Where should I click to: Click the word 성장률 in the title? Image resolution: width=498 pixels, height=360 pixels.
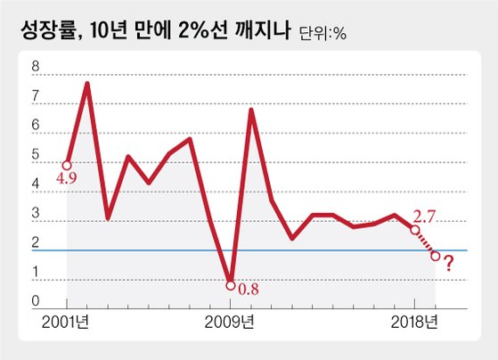(52, 30)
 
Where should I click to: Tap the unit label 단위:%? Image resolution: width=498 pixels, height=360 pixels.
(322, 33)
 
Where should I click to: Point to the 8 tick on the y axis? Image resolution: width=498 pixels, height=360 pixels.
(36, 67)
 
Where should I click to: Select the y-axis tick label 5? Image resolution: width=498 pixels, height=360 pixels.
(36, 155)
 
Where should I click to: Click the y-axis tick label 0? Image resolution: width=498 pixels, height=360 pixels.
(36, 301)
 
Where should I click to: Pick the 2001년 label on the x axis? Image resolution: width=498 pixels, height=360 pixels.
(65, 323)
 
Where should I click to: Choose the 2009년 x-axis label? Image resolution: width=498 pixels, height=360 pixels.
(229, 323)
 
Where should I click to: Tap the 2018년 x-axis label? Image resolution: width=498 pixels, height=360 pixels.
(414, 323)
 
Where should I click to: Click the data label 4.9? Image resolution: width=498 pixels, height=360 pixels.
(67, 178)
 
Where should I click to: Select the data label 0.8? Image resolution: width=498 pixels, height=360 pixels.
(249, 290)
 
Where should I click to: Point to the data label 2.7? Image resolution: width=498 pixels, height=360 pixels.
(424, 217)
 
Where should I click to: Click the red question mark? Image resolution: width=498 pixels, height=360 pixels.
(448, 263)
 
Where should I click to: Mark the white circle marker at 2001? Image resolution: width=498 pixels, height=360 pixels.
(67, 165)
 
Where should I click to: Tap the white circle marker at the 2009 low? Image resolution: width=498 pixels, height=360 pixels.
(231, 286)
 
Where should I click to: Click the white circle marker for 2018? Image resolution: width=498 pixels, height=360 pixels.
(415, 230)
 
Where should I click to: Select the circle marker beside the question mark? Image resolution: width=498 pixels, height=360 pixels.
(436, 256)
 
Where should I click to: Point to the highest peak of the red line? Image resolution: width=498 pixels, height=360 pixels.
(87, 83)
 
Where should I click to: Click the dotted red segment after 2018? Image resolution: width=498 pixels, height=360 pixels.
(425, 242)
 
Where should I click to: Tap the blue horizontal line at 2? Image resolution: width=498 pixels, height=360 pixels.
(249, 250)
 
